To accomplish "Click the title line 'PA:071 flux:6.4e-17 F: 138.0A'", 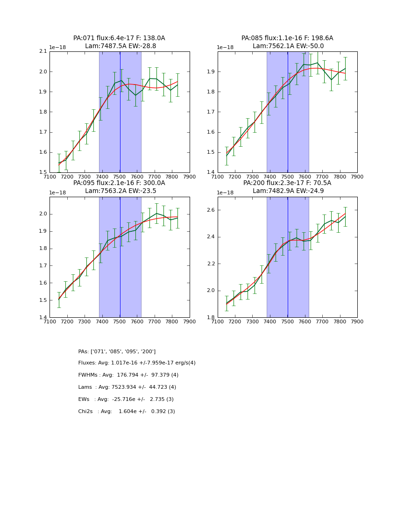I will click(x=119, y=38).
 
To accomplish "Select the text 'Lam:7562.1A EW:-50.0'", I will click(x=288, y=46).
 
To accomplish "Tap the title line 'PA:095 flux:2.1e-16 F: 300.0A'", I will click(x=119, y=183).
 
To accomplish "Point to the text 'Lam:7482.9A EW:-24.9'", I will click(x=287, y=191).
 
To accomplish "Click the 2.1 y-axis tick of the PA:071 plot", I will click(x=43, y=51).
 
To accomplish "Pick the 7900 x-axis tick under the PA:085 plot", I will click(x=357, y=177).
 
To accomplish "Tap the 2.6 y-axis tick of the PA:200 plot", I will click(x=211, y=210).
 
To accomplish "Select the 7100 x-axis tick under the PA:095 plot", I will click(x=50, y=321).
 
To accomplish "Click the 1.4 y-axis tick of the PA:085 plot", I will click(x=211, y=172).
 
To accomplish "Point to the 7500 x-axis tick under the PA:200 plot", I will click(x=287, y=321).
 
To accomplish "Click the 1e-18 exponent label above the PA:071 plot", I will click(x=57, y=48).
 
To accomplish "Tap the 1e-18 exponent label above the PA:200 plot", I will click(x=225, y=193).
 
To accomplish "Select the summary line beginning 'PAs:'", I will click(x=117, y=351).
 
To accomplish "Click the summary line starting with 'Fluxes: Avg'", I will click(x=137, y=363).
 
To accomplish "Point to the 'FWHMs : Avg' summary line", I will click(x=128, y=375).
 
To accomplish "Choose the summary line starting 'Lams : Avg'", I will click(x=127, y=387).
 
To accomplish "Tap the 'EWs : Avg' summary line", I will click(x=126, y=400).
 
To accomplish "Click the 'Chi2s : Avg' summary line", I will click(x=127, y=412).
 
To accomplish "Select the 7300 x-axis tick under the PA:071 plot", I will click(x=85, y=177).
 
